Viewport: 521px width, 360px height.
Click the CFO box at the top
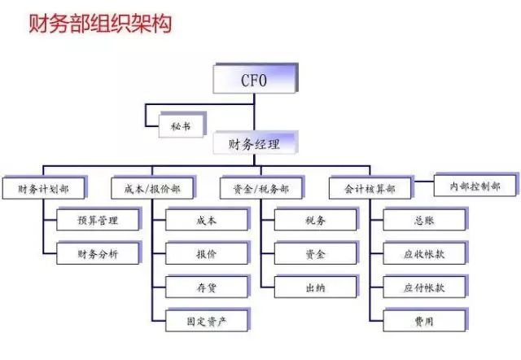coord(255,78)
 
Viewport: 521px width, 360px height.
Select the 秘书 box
coord(182,125)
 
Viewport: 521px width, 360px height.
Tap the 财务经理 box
coord(255,143)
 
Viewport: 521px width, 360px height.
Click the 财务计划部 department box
coord(45,187)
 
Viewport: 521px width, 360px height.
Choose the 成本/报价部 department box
coord(153,187)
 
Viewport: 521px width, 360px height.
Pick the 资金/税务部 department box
coord(262,187)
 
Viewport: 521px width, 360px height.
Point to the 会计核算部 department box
coord(371,187)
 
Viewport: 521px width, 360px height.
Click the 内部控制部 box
coord(475,185)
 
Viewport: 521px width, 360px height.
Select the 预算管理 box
coord(99,219)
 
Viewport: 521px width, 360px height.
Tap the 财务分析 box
coord(99,252)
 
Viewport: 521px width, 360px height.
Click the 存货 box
coord(208,286)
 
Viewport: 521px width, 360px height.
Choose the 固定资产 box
coord(208,320)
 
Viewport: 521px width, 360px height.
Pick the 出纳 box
coord(317,286)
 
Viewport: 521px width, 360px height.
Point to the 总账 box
coord(425,219)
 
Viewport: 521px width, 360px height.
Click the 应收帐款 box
coord(425,252)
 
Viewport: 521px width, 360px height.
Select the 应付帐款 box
coord(425,286)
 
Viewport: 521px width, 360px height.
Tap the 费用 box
coord(425,320)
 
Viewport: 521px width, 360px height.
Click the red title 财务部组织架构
coord(100,24)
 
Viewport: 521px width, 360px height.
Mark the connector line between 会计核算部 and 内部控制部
coord(424,182)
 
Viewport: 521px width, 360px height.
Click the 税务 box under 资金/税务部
coord(317,219)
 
